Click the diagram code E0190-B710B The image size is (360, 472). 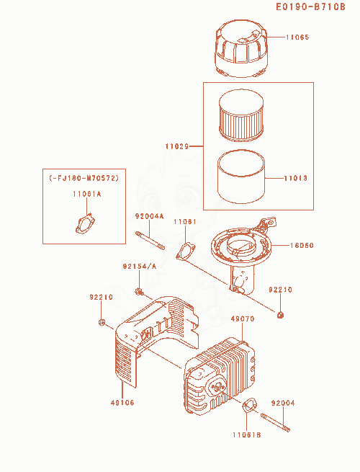tap(310, 6)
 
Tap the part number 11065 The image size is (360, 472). tap(297, 37)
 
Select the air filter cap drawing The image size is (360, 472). tap(241, 48)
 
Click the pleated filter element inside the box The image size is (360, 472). tap(241, 115)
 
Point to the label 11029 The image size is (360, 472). tap(177, 146)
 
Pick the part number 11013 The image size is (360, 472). tap(296, 178)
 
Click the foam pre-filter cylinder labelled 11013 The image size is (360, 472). tap(241, 177)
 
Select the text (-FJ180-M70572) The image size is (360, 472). tap(84, 178)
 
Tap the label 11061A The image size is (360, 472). tap(86, 194)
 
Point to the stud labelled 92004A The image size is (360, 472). tap(150, 240)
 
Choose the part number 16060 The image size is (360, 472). tap(302, 245)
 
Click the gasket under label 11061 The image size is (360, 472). tap(186, 251)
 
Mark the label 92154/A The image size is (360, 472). tap(140, 267)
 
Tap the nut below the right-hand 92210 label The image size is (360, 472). tap(280, 315)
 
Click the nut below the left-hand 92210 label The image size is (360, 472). tap(102, 322)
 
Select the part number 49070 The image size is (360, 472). tap(243, 319)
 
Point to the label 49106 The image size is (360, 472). tap(122, 403)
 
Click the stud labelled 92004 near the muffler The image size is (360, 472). tap(276, 423)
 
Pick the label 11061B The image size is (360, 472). tap(247, 435)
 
